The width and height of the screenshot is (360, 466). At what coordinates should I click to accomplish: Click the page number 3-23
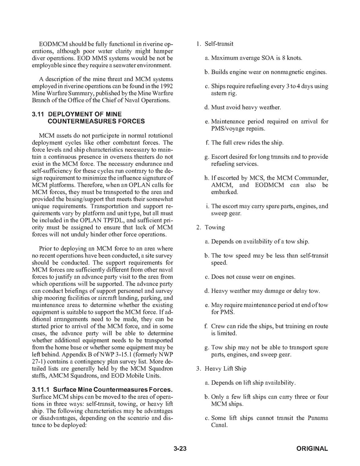(x=180, y=448)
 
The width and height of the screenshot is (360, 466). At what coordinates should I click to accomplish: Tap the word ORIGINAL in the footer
(x=312, y=448)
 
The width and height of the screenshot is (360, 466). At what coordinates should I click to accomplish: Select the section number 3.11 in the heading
(x=38, y=114)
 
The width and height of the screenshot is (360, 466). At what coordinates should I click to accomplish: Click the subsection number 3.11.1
(x=41, y=389)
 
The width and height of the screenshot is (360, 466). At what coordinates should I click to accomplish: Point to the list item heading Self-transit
(x=219, y=44)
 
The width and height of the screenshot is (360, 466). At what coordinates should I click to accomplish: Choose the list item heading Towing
(x=215, y=227)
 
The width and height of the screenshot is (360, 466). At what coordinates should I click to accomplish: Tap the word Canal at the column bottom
(x=219, y=425)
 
